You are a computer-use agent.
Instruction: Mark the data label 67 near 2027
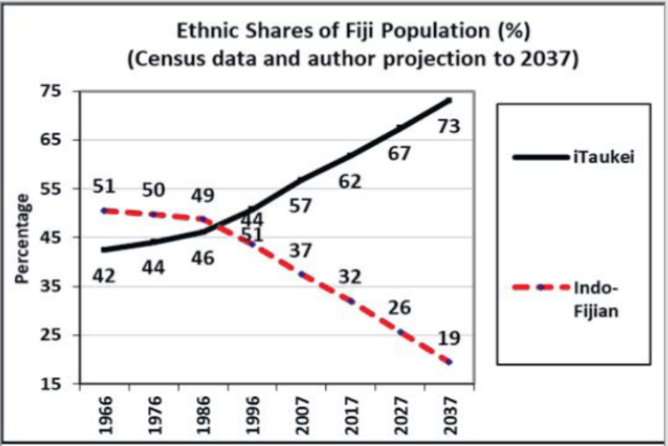pos(398,154)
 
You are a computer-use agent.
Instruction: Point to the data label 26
pos(398,308)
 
